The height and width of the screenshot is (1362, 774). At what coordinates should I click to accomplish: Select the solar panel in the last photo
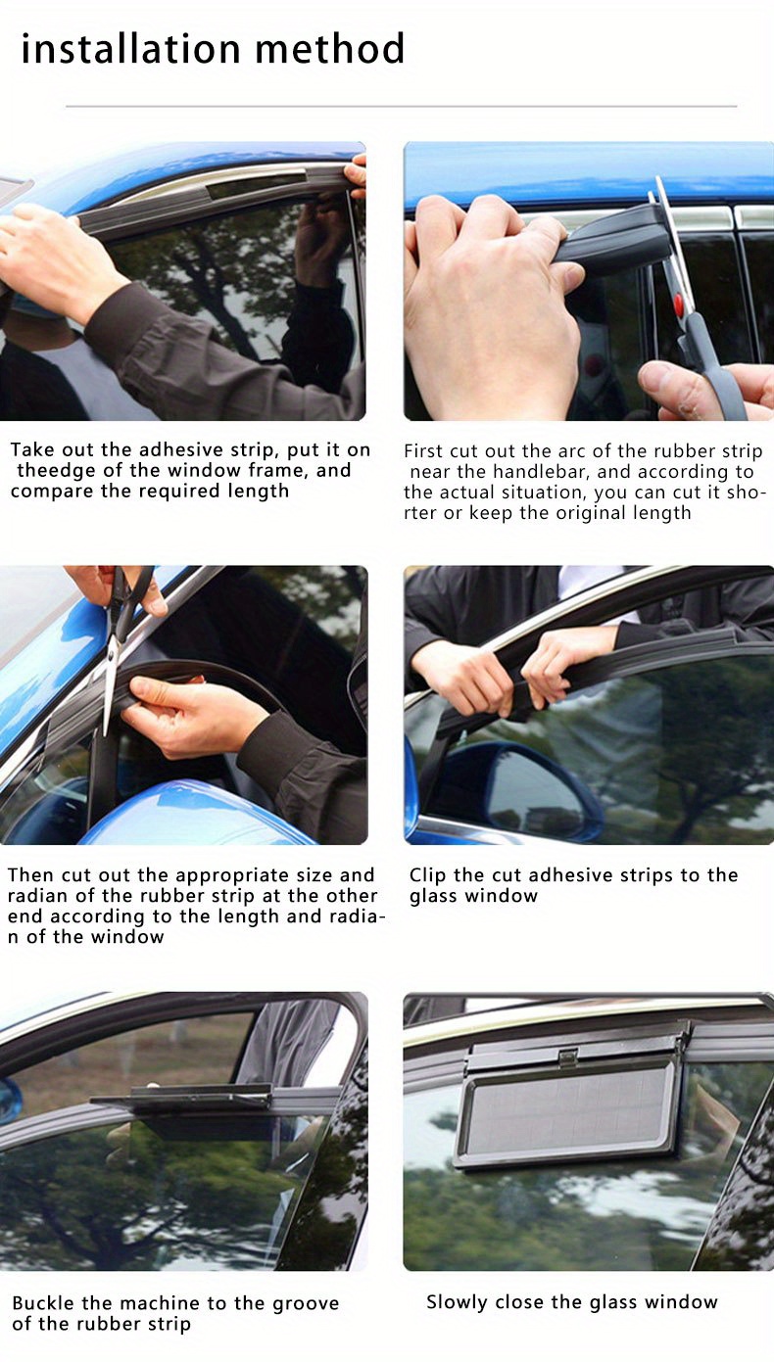coord(568,1114)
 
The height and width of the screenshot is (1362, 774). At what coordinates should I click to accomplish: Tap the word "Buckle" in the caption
coord(47,1303)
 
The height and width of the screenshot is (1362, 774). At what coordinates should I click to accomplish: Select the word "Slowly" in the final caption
coord(458,1302)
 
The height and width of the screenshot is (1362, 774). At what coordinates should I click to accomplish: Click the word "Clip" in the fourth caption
coord(429,875)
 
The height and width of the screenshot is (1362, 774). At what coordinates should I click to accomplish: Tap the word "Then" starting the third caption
coord(28,875)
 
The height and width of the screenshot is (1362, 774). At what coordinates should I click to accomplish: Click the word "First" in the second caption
coord(423,451)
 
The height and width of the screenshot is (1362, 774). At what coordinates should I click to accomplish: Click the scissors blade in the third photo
coord(110,685)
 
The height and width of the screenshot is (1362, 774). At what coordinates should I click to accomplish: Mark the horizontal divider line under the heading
coord(401,106)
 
